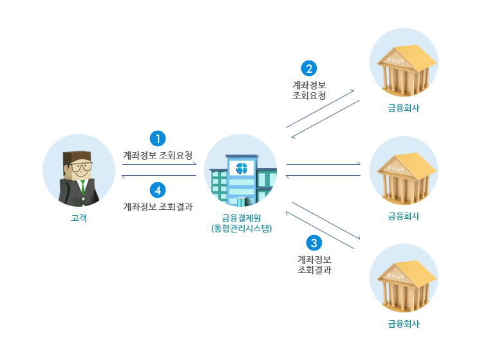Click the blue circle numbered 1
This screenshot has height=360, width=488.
point(158,138)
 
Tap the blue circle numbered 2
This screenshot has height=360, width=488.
point(309,68)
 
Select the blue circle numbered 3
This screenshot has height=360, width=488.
point(314,243)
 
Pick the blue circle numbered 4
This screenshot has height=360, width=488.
point(158,190)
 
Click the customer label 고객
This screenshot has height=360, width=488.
point(79,218)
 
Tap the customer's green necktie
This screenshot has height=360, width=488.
point(82,187)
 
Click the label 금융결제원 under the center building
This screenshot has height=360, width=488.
point(241,217)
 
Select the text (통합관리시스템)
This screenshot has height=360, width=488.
point(241,227)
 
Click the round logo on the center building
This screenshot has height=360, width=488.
point(242,169)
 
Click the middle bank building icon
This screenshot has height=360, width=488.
point(404,175)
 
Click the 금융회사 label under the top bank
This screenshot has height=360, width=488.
point(404,108)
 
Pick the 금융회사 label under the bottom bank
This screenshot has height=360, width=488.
point(404,324)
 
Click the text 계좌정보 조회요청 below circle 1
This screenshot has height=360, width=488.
point(158,155)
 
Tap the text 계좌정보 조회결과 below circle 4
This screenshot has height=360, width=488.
point(158,207)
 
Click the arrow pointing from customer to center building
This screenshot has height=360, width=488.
point(159,165)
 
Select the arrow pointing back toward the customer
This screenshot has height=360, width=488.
point(159,175)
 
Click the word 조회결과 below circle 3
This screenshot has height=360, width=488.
point(314,270)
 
